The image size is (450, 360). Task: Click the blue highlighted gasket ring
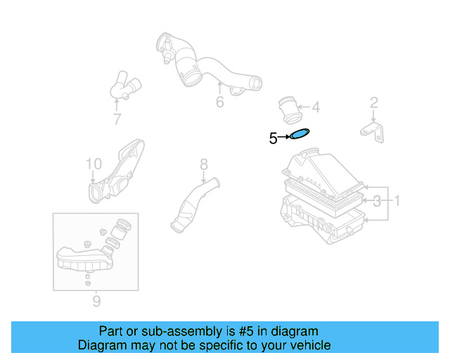click(300, 134)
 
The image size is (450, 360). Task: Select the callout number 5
click(273, 139)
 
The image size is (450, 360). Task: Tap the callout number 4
click(316, 108)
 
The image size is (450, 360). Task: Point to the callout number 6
click(219, 103)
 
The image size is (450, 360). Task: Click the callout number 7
click(117, 120)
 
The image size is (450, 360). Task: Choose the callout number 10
click(94, 165)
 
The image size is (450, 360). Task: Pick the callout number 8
click(204, 165)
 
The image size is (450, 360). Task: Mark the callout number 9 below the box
click(96, 302)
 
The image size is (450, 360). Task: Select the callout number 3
click(378, 202)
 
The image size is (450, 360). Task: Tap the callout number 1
click(396, 202)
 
